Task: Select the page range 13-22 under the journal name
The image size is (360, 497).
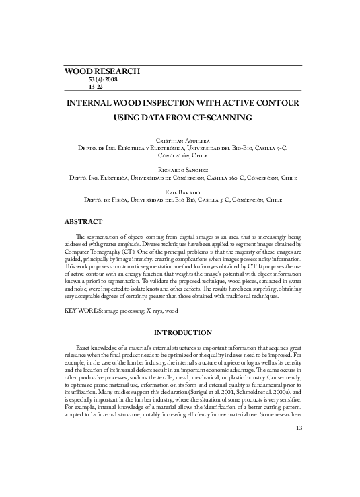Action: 87,87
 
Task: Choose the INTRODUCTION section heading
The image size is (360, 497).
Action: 184,333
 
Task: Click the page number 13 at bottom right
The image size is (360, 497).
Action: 300,465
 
